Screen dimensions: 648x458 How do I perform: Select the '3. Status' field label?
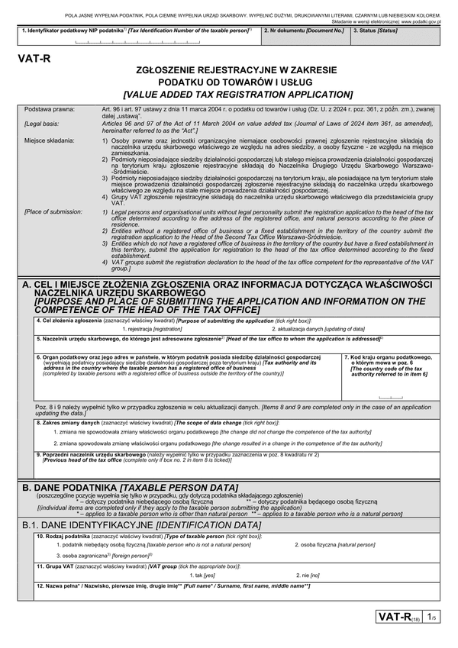(x=375, y=31)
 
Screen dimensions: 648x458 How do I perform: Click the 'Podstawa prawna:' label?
(x=49, y=109)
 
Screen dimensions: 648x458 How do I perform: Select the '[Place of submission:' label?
(x=53, y=211)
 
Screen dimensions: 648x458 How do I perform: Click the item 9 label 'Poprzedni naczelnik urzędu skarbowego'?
(x=95, y=454)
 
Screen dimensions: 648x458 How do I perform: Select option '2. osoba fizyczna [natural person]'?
(x=335, y=546)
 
